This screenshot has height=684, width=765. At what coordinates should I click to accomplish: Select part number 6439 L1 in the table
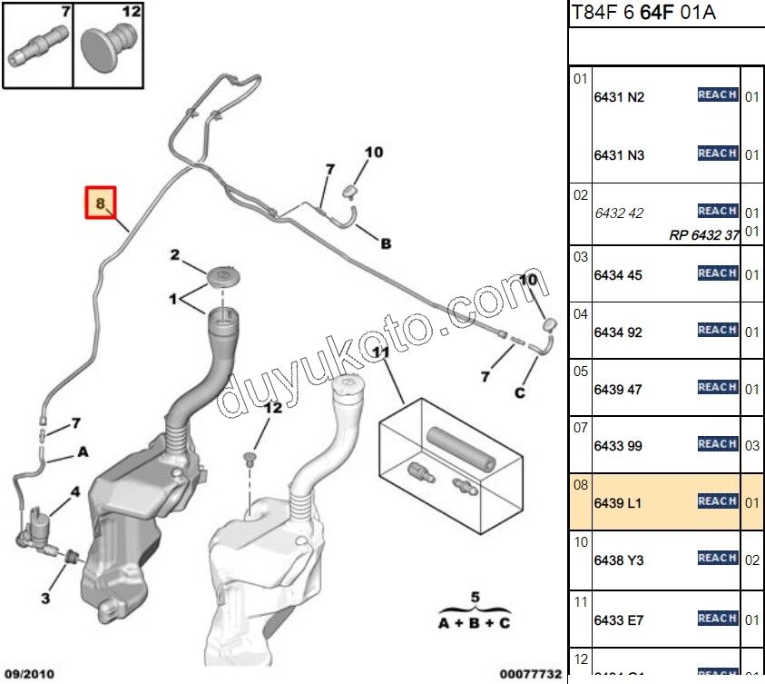coord(618,502)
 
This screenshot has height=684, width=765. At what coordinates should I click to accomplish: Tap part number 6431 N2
coord(619,97)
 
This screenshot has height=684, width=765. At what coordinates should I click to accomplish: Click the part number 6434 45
coord(618,274)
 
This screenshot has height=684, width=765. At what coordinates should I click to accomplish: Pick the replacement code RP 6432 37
coord(704,233)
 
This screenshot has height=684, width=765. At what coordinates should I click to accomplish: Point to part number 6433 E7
coord(619,620)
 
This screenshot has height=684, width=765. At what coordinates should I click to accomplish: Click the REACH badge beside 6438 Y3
coord(717,558)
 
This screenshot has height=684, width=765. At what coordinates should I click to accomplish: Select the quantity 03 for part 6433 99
coord(752,445)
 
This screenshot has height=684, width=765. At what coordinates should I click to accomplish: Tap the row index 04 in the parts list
coord(581,314)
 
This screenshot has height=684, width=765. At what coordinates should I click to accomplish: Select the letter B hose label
coord(386,243)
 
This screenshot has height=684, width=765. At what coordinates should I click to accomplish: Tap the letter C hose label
coord(519,393)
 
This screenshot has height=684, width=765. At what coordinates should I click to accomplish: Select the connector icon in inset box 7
coord(36,46)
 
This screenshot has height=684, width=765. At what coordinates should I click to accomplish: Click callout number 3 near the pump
coord(45,598)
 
